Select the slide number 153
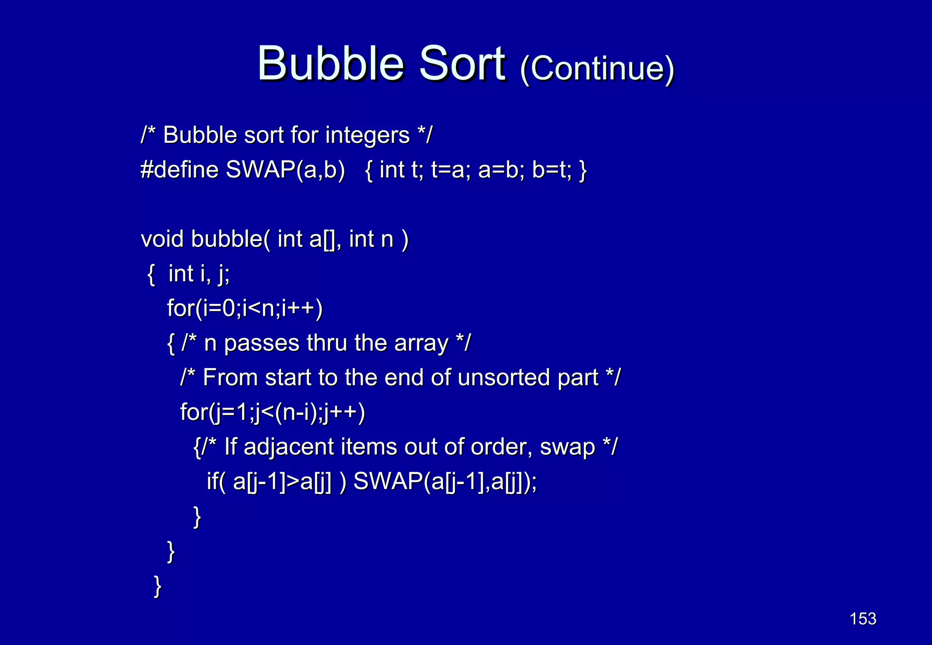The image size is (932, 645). pyautogui.click(x=863, y=619)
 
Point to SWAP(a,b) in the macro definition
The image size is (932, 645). pyautogui.click(x=285, y=170)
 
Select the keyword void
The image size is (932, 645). pyautogui.click(x=162, y=239)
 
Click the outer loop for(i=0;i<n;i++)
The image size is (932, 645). pyautogui.click(x=245, y=308)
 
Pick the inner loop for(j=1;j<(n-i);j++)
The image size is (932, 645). pyautogui.click(x=273, y=412)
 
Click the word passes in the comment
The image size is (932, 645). pyautogui.click(x=262, y=343)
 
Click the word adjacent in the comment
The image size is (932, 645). pyautogui.click(x=289, y=447)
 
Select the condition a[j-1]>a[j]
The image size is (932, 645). pyautogui.click(x=282, y=481)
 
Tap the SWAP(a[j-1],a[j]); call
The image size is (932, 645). pyautogui.click(x=445, y=481)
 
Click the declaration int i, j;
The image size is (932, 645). pyautogui.click(x=199, y=274)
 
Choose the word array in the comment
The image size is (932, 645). pyautogui.click(x=421, y=343)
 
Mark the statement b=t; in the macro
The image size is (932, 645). pyautogui.click(x=552, y=170)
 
